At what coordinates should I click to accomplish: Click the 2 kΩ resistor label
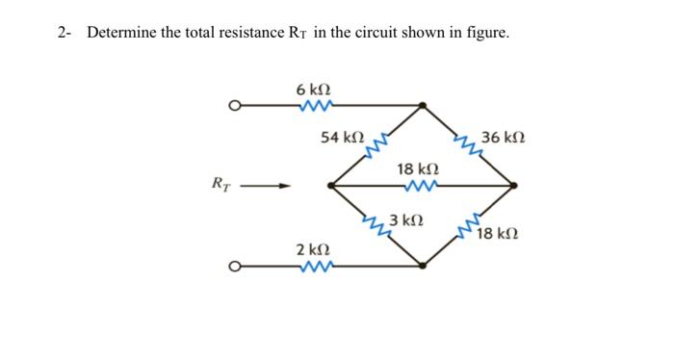pyautogui.click(x=313, y=250)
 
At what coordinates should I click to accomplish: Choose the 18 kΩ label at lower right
pyautogui.click(x=498, y=233)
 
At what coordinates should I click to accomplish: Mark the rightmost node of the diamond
pyautogui.click(x=515, y=185)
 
